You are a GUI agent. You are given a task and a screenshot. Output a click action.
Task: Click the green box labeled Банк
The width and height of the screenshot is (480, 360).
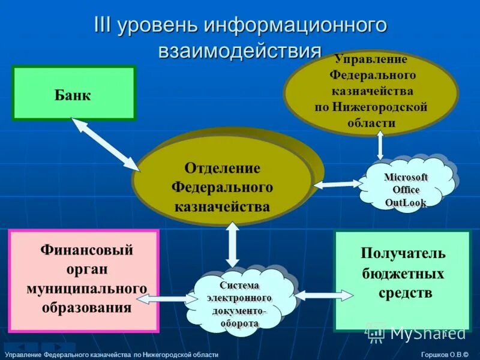(74, 94)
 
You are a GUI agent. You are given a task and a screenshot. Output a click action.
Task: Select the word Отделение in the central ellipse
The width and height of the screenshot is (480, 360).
(222, 167)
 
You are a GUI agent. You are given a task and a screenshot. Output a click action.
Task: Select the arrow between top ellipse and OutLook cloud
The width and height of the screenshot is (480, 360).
(380, 146)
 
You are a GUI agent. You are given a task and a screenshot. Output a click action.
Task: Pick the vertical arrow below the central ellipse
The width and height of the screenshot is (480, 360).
(232, 244)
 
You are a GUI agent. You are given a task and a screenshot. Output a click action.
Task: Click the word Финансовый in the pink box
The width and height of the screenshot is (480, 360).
(86, 250)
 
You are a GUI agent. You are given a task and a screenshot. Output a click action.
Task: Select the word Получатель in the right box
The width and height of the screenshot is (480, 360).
(403, 253)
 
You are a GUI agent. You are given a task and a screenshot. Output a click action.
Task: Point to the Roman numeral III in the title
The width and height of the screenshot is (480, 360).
(104, 26)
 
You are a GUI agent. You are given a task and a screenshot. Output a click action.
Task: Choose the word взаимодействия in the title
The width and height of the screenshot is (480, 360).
(239, 50)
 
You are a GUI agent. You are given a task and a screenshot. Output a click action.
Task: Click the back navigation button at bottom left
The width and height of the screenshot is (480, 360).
(20, 347)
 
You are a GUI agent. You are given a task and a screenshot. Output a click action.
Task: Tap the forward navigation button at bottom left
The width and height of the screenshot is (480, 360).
(58, 347)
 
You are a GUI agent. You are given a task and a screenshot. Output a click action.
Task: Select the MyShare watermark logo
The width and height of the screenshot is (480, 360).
(408, 332)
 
